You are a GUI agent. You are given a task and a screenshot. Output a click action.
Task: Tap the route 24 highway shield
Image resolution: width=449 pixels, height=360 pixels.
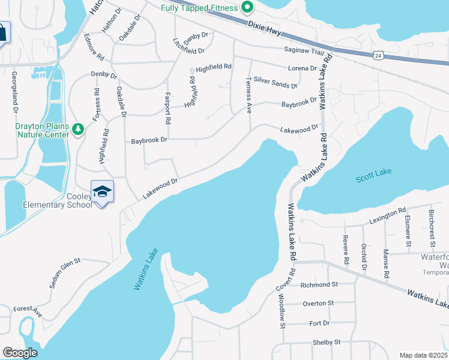point(378,56)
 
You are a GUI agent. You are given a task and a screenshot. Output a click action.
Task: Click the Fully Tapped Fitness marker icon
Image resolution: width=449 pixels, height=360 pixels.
point(246,8)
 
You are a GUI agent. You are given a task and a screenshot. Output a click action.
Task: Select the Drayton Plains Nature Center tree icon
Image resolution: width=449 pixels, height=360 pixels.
point(77,129)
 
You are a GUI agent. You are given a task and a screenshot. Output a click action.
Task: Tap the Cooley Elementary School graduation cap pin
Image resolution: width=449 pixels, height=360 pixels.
point(103,191)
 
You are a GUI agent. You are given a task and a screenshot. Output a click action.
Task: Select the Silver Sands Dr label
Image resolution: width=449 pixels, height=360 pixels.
point(276,82)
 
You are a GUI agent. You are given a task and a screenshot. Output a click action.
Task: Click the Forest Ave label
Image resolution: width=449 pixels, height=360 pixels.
point(28,311)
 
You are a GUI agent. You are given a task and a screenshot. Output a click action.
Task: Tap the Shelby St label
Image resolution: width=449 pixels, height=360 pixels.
point(327,342)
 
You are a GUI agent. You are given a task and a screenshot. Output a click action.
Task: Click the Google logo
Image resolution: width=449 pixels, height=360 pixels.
point(20,353)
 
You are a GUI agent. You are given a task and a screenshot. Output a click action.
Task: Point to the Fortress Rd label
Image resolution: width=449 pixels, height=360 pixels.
point(96,104)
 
